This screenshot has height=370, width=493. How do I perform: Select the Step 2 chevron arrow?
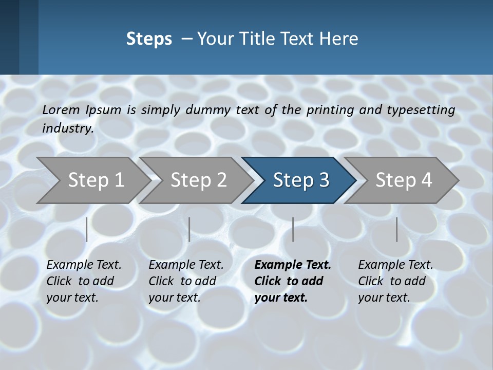(198, 180)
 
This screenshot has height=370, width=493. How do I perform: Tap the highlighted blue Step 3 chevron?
(301, 180)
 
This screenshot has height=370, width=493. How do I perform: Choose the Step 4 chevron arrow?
(404, 180)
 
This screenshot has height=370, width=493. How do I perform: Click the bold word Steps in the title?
(149, 39)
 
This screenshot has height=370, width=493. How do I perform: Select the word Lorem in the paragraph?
(61, 109)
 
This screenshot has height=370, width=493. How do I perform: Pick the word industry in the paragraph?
(68, 128)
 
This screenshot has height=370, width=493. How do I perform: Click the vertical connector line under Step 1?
(87, 229)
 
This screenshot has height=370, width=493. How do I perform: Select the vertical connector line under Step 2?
(189, 229)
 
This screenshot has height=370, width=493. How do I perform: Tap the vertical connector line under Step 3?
(293, 229)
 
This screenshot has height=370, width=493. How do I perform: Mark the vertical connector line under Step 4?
(397, 229)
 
